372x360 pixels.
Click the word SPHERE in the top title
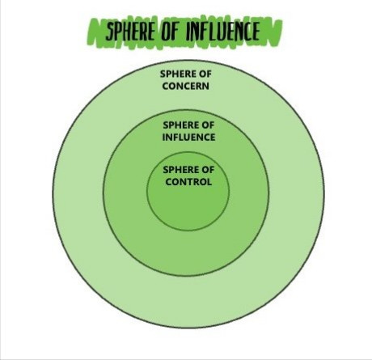tap(130, 31)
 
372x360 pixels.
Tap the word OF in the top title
tap(170, 31)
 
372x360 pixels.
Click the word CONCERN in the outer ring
tap(186, 86)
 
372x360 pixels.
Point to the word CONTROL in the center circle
tap(188, 182)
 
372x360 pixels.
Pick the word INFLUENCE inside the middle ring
tap(188, 138)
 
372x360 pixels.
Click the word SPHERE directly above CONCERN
tap(178, 74)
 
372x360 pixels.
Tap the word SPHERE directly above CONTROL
tap(181, 170)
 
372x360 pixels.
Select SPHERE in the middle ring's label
tap(181, 125)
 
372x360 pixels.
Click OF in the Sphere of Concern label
tap(205, 74)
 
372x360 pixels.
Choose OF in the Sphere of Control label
tap(208, 170)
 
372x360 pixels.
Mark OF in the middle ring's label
tap(208, 125)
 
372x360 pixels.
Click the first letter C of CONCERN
tap(165, 86)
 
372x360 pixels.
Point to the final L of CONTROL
tap(209, 182)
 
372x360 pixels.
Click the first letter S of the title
tap(108, 32)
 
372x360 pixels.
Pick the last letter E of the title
tap(256, 31)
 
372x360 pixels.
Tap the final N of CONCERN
tap(206, 86)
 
